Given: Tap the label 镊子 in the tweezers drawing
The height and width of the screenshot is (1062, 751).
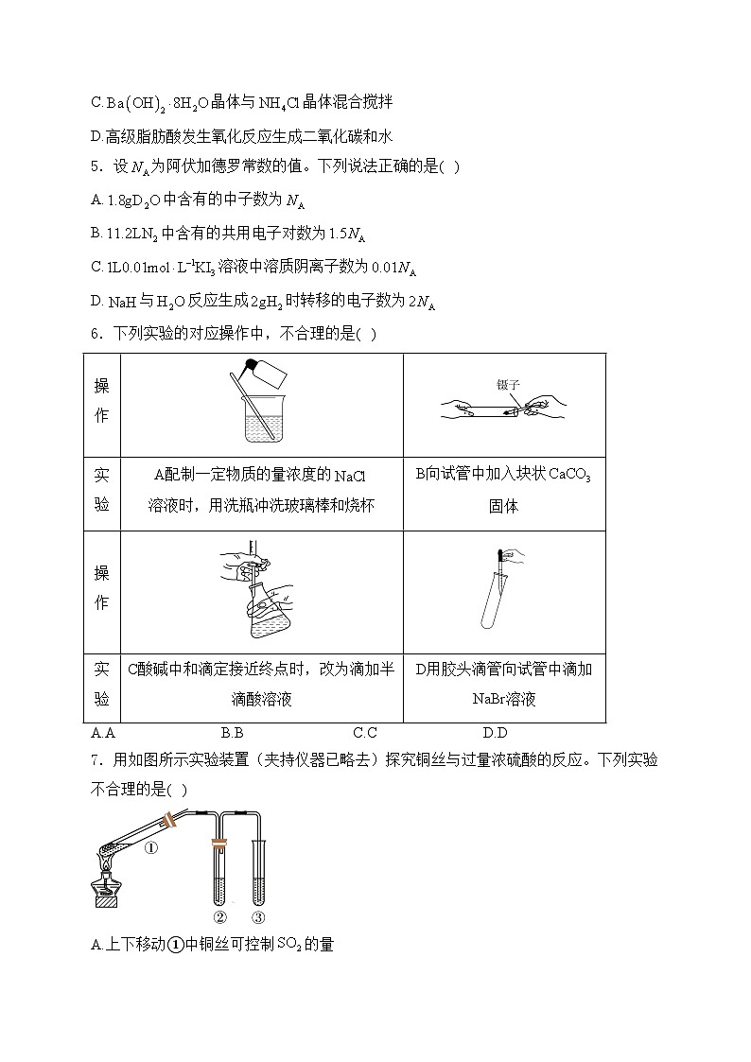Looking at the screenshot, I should (508, 385).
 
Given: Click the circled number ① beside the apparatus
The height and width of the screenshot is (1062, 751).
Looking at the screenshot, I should (150, 848).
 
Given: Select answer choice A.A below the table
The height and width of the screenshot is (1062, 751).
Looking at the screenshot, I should (103, 733).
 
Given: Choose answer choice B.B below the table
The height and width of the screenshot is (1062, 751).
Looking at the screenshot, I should (233, 733).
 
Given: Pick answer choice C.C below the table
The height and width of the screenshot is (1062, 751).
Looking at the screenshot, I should (365, 733).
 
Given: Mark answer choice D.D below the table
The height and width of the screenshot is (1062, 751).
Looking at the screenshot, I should (495, 733).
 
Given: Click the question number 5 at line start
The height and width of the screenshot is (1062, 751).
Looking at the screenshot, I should (96, 167).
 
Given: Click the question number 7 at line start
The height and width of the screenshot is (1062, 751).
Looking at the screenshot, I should (96, 760).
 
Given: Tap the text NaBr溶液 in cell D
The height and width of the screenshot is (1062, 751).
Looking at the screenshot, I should (503, 700).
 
